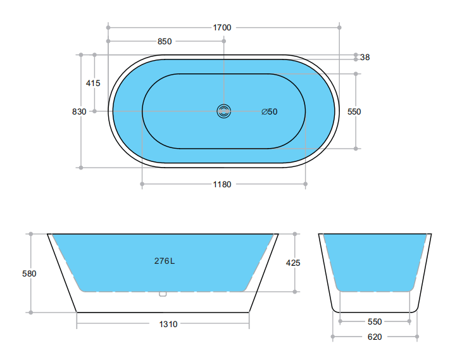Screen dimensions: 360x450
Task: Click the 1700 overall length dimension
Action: [222, 27]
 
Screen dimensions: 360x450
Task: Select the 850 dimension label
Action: [165, 42]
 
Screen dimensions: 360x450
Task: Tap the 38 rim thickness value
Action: [365, 58]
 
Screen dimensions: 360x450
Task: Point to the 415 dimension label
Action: [93, 83]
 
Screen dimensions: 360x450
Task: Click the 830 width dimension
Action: [79, 111]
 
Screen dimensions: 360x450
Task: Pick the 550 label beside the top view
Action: [354, 111]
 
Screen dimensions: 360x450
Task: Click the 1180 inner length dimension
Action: [222, 185]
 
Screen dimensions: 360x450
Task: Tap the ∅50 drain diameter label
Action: [270, 112]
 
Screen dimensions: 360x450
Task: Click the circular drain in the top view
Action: [223, 111]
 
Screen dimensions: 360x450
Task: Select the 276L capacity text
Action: [165, 261]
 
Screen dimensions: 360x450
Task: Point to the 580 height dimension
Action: [29, 274]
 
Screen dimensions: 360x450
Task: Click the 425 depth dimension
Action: [294, 262]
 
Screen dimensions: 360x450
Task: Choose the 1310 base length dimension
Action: [168, 324]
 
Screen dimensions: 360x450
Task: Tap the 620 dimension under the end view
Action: [375, 337]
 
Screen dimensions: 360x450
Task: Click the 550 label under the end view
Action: [375, 321]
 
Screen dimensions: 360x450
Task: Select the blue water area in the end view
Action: [375, 259]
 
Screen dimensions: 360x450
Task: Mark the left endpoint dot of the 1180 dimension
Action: [142, 185]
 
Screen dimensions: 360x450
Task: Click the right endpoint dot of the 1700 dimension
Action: [341, 27]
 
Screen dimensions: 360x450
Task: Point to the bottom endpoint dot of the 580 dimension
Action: [30, 312]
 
